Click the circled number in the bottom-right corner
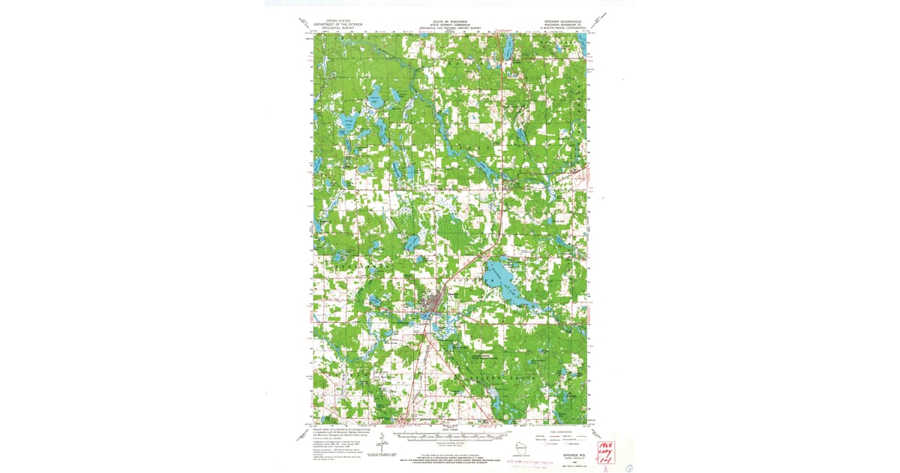tap(628, 466)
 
